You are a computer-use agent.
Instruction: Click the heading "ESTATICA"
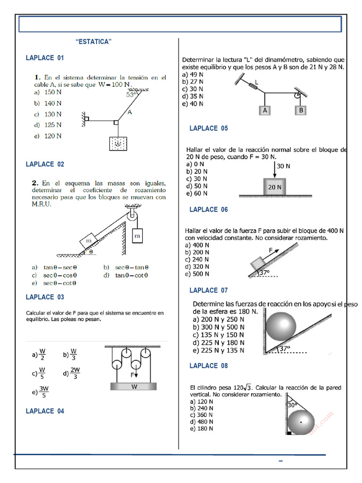[94, 42]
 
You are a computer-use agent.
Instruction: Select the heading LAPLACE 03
[45, 297]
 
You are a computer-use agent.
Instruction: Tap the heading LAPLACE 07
[208, 290]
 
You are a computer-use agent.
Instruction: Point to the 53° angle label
[131, 94]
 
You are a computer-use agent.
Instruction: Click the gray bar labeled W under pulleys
[134, 387]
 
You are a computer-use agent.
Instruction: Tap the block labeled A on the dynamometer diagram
[265, 110]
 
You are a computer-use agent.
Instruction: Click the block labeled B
[300, 110]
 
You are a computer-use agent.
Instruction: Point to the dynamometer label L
[256, 83]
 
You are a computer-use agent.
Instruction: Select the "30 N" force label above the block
[283, 166]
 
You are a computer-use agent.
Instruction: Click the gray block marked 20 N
[275, 187]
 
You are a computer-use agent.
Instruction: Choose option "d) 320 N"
[197, 266]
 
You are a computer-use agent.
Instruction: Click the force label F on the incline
[271, 250]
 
